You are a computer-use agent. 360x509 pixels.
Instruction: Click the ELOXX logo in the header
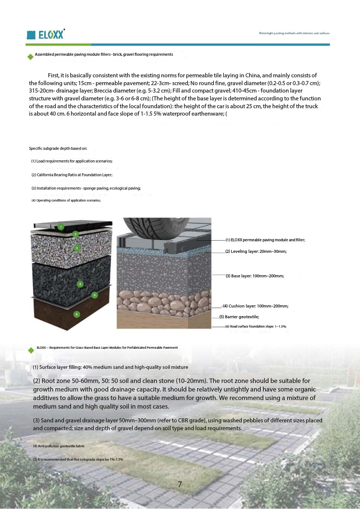(46, 35)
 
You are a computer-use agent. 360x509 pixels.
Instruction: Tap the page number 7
(180, 484)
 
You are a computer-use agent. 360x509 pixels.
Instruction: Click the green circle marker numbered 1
(61, 226)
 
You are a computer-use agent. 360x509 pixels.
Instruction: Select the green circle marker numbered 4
(80, 284)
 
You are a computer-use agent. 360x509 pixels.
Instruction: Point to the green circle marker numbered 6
(77, 314)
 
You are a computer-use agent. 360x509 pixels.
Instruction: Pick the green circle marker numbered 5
(94, 295)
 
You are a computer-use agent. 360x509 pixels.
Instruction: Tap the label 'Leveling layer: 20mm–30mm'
(256, 251)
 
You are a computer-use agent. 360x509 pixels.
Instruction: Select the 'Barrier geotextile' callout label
(239, 317)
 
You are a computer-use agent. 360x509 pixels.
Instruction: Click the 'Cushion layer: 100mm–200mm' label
(255, 306)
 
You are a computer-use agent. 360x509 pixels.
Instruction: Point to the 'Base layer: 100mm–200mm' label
(255, 276)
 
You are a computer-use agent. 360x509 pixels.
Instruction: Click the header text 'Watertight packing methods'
(294, 33)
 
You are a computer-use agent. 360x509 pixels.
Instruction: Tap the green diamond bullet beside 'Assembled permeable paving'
(30, 57)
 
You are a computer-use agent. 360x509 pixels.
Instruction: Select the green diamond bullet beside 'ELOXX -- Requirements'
(31, 350)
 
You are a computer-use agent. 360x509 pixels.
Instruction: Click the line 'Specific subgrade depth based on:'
(58, 148)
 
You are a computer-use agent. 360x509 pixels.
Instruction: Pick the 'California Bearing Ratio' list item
(72, 175)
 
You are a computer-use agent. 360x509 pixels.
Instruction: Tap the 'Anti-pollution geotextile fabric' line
(59, 446)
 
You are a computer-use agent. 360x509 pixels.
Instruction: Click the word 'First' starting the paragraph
(53, 75)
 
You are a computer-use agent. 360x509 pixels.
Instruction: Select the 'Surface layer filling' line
(110, 367)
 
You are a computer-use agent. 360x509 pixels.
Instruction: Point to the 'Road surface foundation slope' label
(256, 326)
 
